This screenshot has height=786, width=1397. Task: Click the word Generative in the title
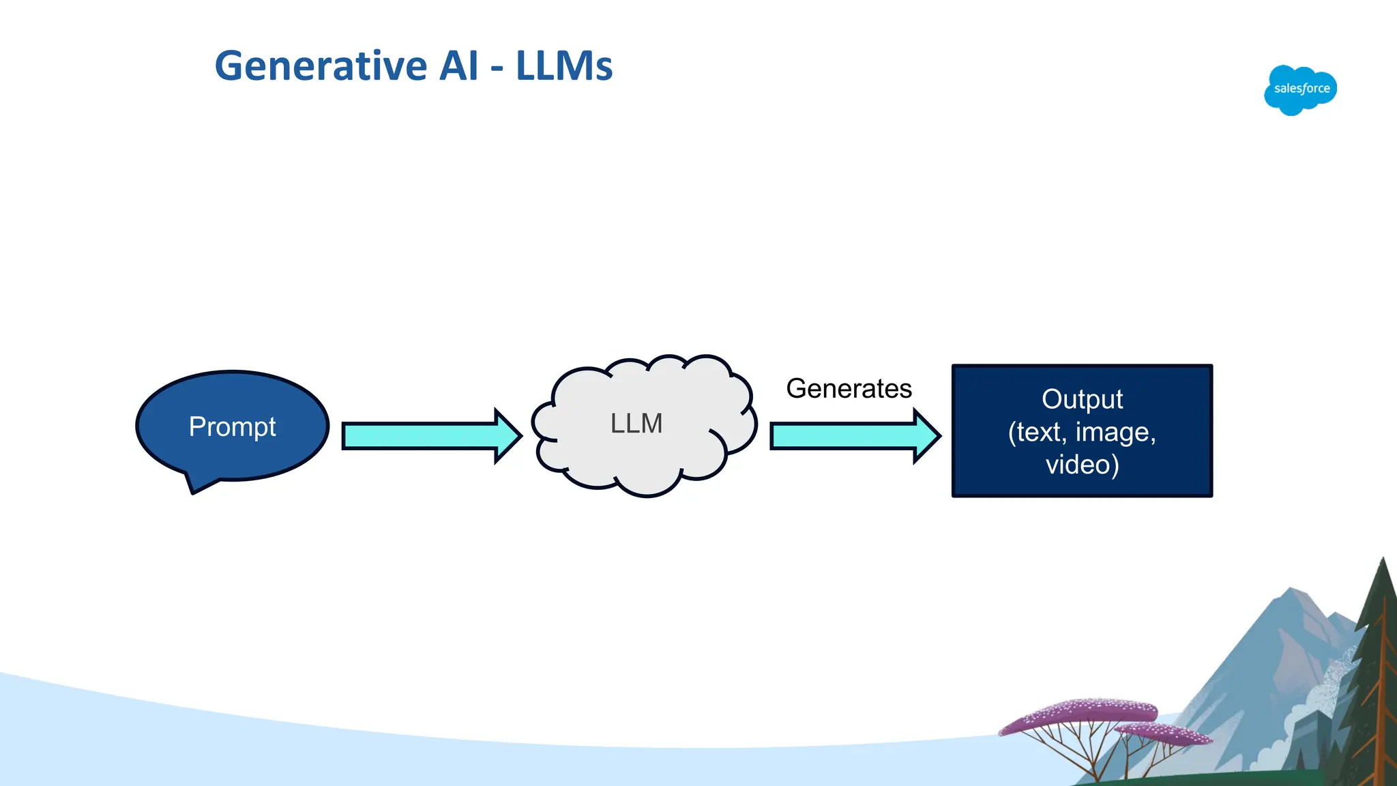tap(321, 66)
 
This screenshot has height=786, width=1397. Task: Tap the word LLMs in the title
tap(563, 66)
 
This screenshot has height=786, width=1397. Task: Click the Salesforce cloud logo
tap(1300, 89)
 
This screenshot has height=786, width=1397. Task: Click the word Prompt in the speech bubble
tap(232, 427)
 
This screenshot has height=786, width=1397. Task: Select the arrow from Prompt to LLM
tap(420, 435)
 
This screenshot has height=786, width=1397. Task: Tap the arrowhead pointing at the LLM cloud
tap(508, 435)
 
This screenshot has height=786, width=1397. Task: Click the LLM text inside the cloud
tap(636, 424)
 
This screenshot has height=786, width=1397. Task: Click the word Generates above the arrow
tap(849, 389)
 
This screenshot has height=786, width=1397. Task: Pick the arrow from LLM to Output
tap(842, 435)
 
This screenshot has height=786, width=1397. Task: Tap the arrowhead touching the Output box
tap(927, 435)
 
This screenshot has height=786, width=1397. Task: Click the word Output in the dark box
tap(1082, 399)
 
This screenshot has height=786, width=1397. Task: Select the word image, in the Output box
tap(1115, 433)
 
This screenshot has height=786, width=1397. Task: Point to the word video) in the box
tap(1082, 465)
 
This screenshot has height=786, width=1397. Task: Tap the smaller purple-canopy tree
tap(1166, 736)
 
